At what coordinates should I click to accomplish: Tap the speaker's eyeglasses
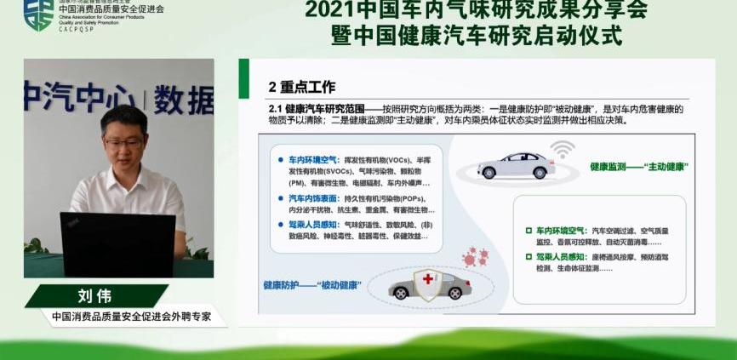coord(124,142)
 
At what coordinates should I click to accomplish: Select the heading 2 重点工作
coord(301,87)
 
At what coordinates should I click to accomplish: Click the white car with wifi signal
coord(517,165)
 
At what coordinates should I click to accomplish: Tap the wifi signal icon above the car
coord(561,150)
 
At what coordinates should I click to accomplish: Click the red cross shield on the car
coord(426,282)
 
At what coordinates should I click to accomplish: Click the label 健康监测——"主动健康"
coord(638,167)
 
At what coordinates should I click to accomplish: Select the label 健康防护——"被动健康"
coord(312,284)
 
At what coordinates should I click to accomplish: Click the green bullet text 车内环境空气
coord(561,230)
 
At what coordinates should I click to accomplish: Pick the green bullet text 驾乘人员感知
coord(561,255)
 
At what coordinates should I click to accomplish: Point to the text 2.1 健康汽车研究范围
coord(316,109)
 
